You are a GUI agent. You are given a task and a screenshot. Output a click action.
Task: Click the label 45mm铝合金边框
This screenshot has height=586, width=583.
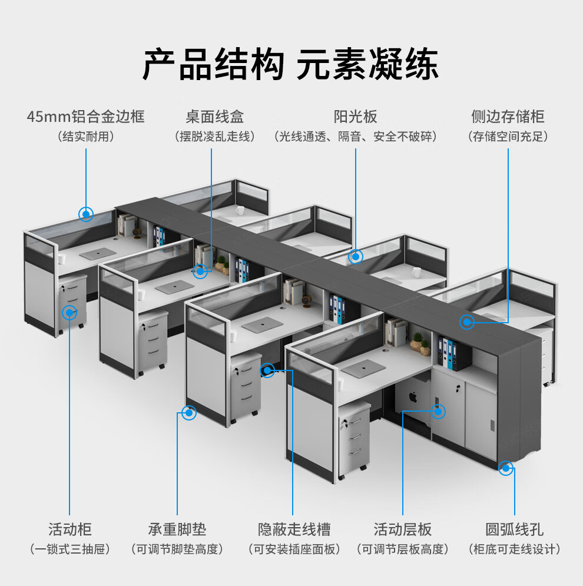85,116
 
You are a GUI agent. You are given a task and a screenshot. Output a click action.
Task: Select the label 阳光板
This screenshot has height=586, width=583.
355,116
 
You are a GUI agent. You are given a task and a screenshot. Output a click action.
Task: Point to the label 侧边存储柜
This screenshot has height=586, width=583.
508,116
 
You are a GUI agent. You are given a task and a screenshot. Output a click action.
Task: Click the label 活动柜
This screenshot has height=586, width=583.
69,528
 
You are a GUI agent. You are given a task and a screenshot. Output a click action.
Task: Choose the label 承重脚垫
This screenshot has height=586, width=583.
177,528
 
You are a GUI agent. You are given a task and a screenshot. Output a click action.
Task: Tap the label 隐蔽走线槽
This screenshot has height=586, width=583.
294,528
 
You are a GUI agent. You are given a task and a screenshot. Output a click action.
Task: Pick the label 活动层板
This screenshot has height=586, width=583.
403,528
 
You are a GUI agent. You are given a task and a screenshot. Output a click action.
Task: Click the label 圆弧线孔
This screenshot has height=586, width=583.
514,528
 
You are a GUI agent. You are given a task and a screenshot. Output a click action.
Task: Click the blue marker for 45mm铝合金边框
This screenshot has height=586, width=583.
87,214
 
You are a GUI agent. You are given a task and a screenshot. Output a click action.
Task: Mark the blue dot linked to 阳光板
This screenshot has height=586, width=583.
356,257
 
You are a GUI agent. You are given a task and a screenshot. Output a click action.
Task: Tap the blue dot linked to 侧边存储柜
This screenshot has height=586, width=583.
467,322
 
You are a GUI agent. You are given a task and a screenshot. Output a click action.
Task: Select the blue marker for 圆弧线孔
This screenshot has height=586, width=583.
505,468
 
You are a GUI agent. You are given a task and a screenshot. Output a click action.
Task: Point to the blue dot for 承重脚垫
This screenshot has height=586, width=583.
189,413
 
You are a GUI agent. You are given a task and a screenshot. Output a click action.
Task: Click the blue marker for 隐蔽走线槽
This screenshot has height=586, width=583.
267,370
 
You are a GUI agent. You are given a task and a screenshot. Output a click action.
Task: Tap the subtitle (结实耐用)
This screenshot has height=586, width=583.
85,137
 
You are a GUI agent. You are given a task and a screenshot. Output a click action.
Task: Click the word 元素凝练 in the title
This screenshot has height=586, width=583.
367,65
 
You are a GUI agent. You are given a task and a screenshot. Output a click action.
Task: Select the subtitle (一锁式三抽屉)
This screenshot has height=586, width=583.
69,549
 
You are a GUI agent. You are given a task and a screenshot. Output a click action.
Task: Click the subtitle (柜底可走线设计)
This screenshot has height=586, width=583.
514,549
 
